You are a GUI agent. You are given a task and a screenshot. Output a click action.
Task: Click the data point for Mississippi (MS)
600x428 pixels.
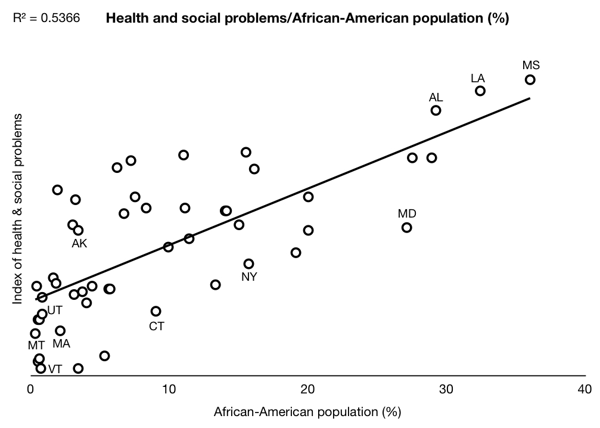[530, 80]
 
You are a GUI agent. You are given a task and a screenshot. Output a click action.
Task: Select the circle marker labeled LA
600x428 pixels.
[480, 91]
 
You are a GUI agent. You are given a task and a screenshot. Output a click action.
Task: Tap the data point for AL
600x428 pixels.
[436, 110]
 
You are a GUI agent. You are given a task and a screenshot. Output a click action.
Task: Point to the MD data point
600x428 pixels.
[406, 227]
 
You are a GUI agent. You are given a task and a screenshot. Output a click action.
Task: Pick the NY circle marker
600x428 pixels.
[248, 263]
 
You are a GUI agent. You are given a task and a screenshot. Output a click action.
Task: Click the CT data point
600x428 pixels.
[156, 311]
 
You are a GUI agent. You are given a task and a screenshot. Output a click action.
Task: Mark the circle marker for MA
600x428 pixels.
[60, 331]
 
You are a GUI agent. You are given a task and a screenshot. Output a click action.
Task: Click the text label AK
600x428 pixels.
[79, 243]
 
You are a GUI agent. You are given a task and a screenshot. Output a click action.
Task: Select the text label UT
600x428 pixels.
[55, 310]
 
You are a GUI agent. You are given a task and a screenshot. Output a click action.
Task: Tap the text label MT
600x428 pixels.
[36, 345]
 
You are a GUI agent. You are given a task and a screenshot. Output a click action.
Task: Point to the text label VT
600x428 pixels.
[55, 369]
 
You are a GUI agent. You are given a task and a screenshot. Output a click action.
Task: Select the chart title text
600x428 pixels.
[307, 18]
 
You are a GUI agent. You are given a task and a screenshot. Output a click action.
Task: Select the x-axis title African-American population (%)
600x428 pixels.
[307, 411]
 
